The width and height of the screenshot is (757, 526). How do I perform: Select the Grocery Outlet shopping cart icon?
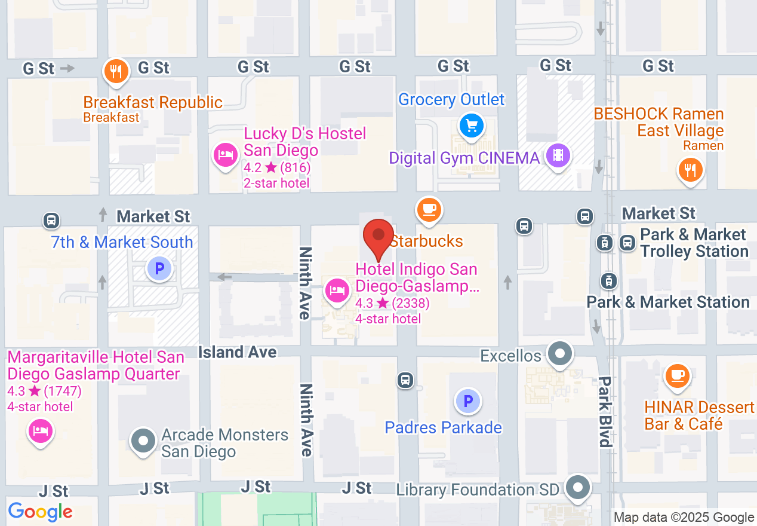pyautogui.click(x=472, y=126)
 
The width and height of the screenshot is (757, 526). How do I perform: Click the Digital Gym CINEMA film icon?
pyautogui.click(x=558, y=156)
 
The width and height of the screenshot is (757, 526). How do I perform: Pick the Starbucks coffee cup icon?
pyautogui.click(x=429, y=210)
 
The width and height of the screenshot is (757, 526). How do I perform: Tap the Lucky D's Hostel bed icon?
pyautogui.click(x=225, y=156)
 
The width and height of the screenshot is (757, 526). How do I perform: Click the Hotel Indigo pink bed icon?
pyautogui.click(x=337, y=291)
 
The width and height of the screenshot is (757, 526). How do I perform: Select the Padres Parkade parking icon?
pyautogui.click(x=468, y=401)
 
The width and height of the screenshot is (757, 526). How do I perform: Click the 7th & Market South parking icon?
pyautogui.click(x=159, y=269)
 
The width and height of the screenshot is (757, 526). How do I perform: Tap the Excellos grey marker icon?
pyautogui.click(x=560, y=354)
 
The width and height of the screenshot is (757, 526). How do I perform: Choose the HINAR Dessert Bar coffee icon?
pyautogui.click(x=677, y=376)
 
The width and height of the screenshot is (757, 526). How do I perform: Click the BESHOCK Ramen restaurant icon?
pyautogui.click(x=690, y=170)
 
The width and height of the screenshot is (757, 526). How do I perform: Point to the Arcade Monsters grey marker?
pyautogui.click(x=143, y=442)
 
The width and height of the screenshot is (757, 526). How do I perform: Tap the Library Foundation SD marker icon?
pyautogui.click(x=577, y=488)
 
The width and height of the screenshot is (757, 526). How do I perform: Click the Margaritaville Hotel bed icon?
pyautogui.click(x=40, y=431)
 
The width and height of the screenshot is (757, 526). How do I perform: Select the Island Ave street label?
pyautogui.click(x=238, y=352)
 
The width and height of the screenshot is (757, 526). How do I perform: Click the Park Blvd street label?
pyautogui.click(x=605, y=411)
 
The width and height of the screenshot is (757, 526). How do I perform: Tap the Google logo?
pyautogui.click(x=40, y=512)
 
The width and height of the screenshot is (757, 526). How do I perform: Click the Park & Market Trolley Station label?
pyautogui.click(x=694, y=243)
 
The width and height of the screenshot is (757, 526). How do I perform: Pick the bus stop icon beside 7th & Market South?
pyautogui.click(x=51, y=221)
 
